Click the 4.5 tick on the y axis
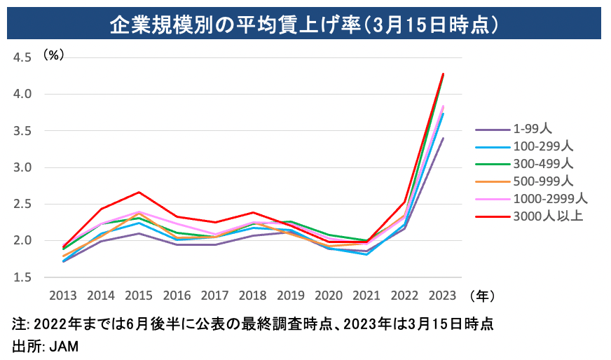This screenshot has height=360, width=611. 23,57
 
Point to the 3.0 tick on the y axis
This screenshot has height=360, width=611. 23,167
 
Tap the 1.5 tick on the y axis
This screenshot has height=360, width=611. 23,277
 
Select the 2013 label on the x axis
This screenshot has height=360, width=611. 63,295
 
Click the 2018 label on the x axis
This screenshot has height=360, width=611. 253,295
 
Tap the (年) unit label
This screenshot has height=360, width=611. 483,296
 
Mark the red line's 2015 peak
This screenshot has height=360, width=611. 139,192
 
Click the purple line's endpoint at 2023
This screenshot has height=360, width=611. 443,139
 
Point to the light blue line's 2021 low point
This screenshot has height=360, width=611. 367,254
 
